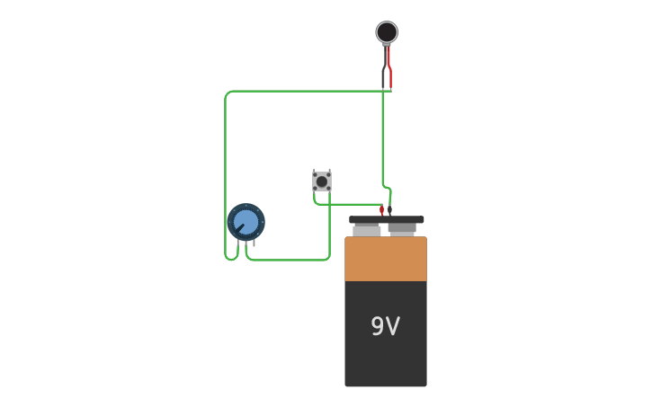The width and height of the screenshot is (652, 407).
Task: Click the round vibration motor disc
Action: coord(387,32)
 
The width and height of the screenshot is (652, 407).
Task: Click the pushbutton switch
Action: coord(322,181)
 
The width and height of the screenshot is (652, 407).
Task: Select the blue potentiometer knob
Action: coord(246,221)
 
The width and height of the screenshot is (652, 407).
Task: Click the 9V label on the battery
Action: coord(385,326)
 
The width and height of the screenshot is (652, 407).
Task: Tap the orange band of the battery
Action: coord(386,259)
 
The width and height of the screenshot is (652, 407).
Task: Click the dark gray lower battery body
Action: coord(386,359)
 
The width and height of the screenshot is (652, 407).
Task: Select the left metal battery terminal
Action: coord(366,231)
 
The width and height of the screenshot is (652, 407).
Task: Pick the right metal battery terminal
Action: coord(402,230)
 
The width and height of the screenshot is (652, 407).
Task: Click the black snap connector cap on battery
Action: coord(387,219)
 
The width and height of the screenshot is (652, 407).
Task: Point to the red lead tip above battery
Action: coord(381,209)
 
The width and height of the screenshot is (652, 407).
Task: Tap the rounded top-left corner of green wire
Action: coord(228,94)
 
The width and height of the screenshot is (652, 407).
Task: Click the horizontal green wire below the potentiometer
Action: coord(288,260)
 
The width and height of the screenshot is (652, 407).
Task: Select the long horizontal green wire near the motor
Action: coord(306,91)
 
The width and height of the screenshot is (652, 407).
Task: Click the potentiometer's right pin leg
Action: coord(254,243)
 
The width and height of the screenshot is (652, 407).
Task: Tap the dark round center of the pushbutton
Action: coord(322,181)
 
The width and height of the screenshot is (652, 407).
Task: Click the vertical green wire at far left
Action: coord(225,171)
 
